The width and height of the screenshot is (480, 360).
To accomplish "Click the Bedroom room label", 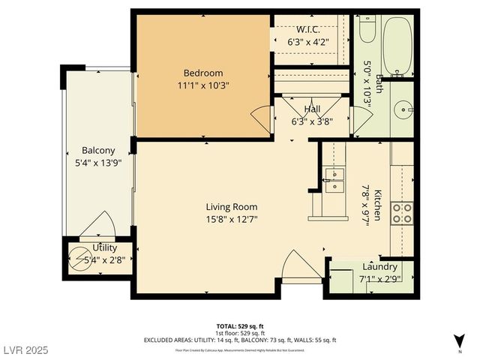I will click(203, 73).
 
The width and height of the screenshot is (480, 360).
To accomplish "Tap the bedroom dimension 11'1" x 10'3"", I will click(203, 85).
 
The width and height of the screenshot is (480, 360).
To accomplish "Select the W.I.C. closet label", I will click(310, 30).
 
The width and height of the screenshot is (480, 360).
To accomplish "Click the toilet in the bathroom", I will click(367, 30).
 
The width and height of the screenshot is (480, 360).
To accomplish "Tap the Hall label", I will click(311, 109).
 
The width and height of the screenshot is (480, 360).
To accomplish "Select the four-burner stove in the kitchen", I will click(401, 213).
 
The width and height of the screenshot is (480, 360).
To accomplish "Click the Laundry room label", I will click(379, 267).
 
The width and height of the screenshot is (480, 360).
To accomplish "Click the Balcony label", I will click(97, 150).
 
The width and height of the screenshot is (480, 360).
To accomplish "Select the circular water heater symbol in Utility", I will click(79, 258).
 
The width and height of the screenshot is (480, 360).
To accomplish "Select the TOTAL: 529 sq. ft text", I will click(240, 326).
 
